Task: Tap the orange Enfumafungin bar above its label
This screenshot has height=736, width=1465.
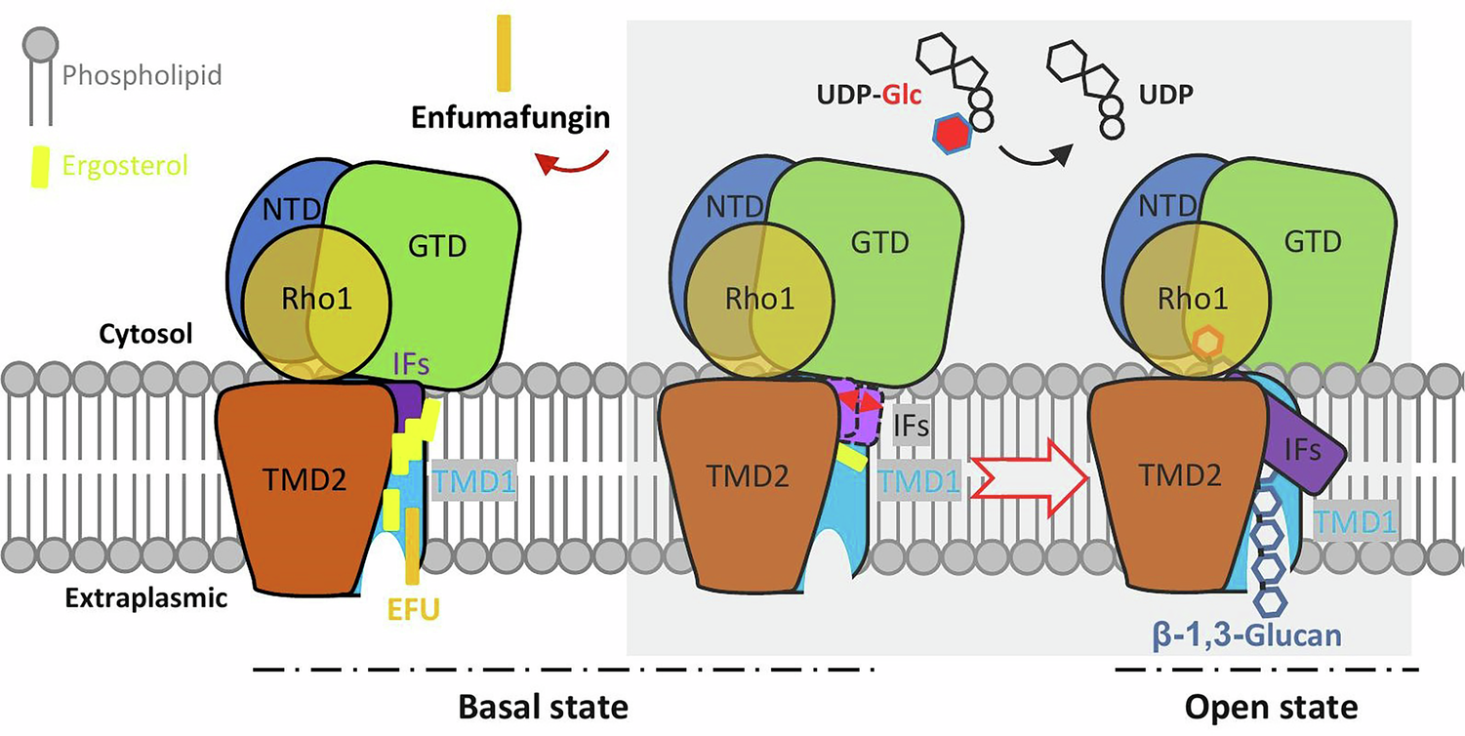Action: tap(503, 54)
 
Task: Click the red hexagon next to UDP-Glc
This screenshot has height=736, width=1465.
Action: tap(953, 133)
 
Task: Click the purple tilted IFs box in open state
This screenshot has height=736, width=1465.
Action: tap(1303, 448)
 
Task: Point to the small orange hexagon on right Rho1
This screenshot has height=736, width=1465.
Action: tap(1208, 344)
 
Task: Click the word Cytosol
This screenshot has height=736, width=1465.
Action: tap(145, 333)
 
